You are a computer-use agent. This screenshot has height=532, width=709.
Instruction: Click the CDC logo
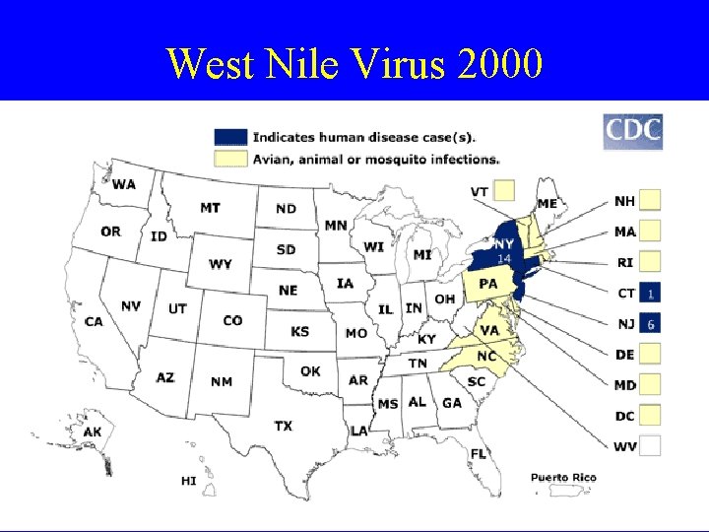click(x=632, y=132)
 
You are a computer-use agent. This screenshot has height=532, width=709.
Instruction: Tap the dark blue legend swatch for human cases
click(x=231, y=137)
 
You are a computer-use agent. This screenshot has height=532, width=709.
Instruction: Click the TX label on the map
click(x=283, y=426)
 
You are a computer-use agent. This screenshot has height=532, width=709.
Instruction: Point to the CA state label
click(x=95, y=321)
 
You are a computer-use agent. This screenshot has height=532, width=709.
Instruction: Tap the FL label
click(x=479, y=453)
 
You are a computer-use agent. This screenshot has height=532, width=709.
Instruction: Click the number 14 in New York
click(x=503, y=258)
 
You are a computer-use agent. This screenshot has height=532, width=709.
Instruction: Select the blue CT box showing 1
click(x=650, y=293)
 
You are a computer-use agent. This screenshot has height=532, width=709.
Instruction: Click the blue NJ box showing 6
click(x=650, y=323)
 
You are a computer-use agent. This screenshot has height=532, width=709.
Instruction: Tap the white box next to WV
click(x=650, y=446)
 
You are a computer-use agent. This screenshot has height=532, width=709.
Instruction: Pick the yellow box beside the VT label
click(x=505, y=190)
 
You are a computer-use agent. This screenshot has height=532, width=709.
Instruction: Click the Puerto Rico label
click(x=563, y=478)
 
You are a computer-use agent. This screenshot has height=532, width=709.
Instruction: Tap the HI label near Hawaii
click(x=188, y=481)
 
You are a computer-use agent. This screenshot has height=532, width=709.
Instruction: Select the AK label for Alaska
click(x=93, y=432)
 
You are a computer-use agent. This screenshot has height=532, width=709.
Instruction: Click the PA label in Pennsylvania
click(x=488, y=284)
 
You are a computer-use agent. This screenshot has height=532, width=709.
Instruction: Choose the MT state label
click(x=210, y=208)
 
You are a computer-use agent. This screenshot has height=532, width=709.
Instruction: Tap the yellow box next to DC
click(x=650, y=416)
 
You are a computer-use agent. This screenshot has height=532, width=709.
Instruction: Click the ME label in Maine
click(x=548, y=204)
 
